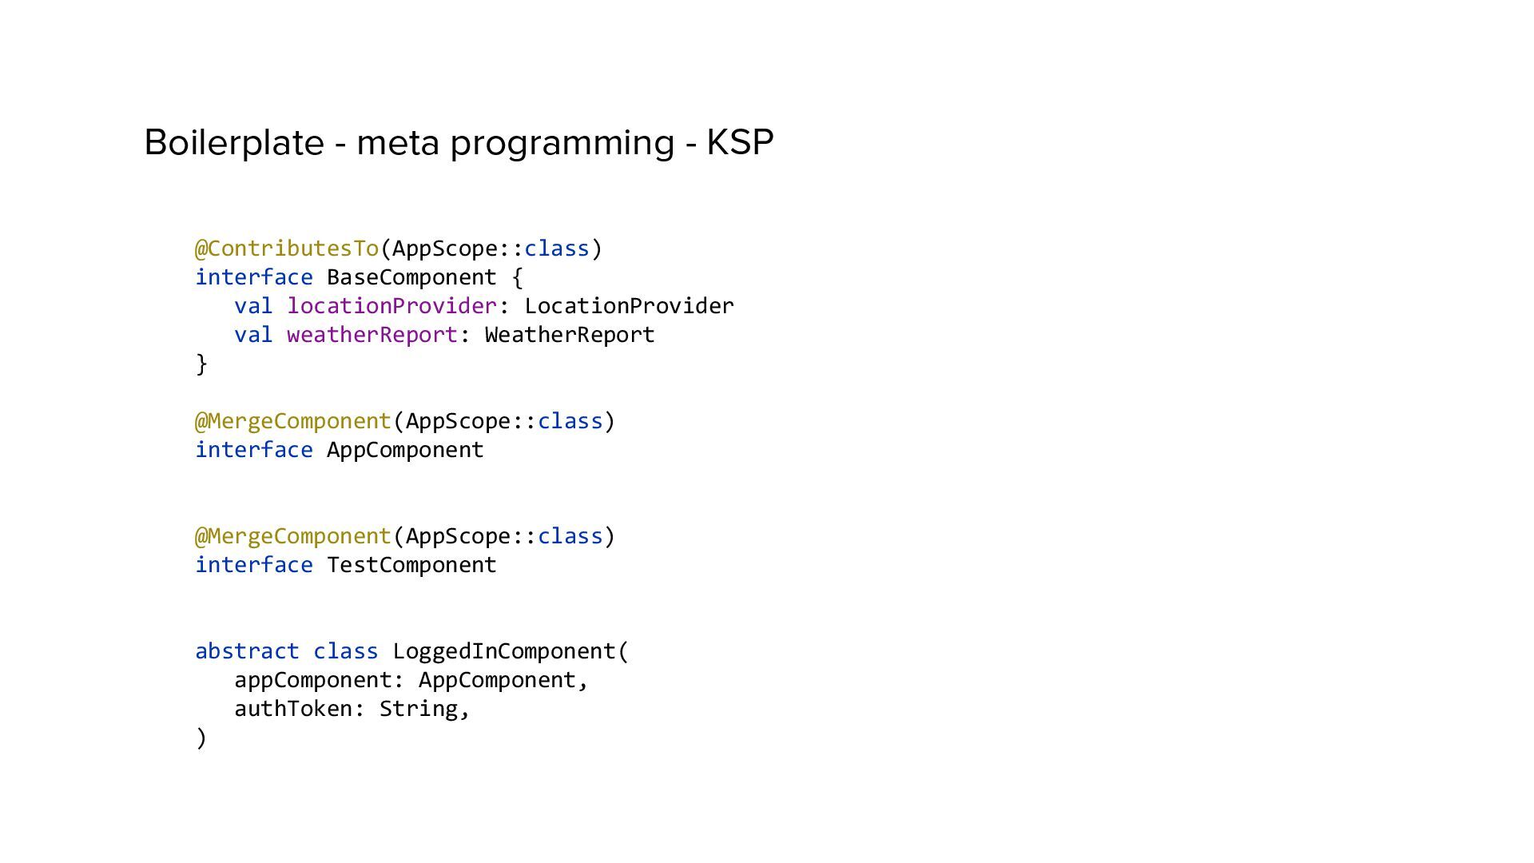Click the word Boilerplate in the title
coord(233,143)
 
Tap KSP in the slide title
coord(740,143)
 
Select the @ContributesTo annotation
coord(287,249)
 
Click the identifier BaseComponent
coord(411,277)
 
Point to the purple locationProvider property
coord(391,306)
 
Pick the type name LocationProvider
coord(629,306)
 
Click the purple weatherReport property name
coord(372,335)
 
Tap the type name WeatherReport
coord(570,335)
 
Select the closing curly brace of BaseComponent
coord(201,364)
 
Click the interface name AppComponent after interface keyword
coord(405,450)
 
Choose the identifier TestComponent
coord(411,565)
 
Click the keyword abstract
coord(247,651)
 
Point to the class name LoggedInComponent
coord(504,651)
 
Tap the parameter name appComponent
coord(313,680)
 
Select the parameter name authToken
coord(293,709)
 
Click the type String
coord(418,709)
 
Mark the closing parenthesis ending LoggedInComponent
coord(201,738)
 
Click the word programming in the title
coord(562,143)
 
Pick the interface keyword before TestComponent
coord(254,565)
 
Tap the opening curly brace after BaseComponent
coord(517,277)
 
